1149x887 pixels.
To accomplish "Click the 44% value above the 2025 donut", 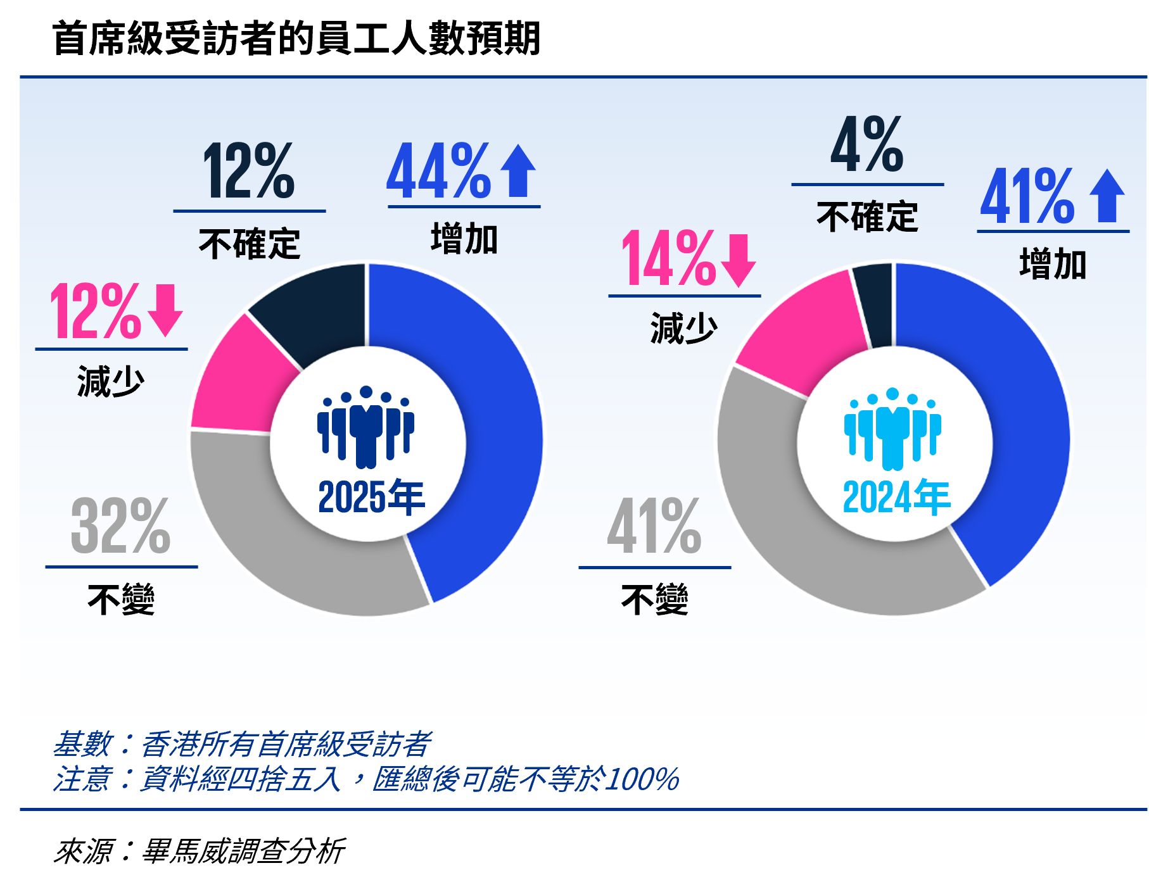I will (x=438, y=171).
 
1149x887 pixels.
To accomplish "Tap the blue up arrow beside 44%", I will (x=517, y=171).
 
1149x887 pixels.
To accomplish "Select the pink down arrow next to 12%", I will (x=165, y=310).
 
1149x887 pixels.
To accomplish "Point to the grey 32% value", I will (x=120, y=525).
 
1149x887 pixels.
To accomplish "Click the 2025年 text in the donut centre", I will (x=371, y=498).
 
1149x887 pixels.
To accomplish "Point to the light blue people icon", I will (x=892, y=429).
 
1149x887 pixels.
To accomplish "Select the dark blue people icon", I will (x=366, y=427).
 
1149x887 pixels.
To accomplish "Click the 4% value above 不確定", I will (x=867, y=146).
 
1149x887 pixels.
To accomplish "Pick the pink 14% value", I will (x=668, y=258).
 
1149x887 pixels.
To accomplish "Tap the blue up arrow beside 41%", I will (x=1107, y=196).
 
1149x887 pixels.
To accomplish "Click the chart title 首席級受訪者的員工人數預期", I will (x=296, y=38).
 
